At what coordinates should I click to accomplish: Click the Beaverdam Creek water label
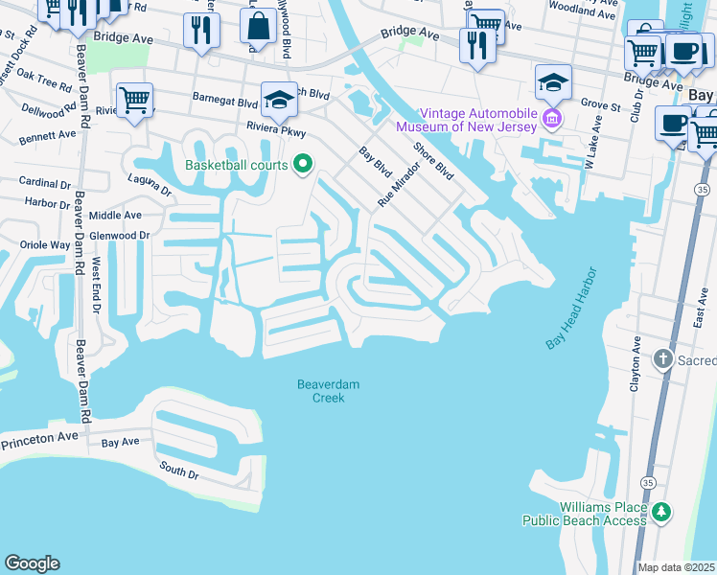(x=328, y=391)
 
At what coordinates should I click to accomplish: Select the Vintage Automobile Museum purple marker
(x=551, y=119)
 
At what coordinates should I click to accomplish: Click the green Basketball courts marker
(x=304, y=165)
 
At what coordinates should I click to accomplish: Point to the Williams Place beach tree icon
(x=661, y=513)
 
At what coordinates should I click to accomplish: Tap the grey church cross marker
(x=662, y=359)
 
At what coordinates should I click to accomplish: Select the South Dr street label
(x=179, y=471)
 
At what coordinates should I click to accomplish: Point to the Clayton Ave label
(x=636, y=360)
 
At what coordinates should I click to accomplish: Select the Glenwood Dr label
(x=120, y=236)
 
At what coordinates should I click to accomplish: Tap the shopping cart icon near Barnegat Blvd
(x=135, y=98)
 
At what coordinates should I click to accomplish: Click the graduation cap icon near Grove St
(x=553, y=81)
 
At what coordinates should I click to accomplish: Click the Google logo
(x=32, y=563)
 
